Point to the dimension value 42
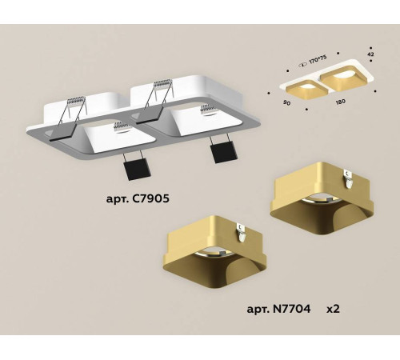[370, 55]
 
